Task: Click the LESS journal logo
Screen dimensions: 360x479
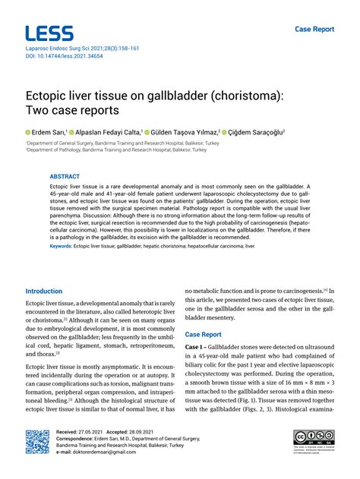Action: tap(49, 33)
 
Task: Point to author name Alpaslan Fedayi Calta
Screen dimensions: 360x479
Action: tap(106, 131)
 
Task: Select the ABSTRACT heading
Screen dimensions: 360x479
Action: tap(65, 175)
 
